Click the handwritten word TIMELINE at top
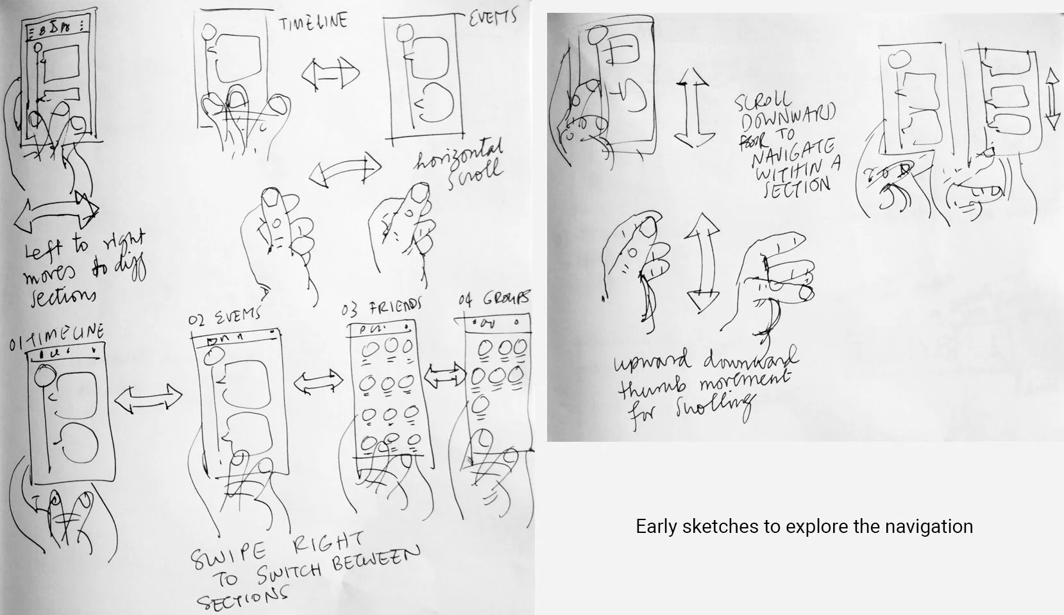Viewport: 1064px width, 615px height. pyautogui.click(x=313, y=22)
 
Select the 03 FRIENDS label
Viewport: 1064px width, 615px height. pyautogui.click(x=382, y=308)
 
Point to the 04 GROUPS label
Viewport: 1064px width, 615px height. pyautogui.click(x=494, y=299)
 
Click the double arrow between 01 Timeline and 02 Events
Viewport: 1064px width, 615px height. pyautogui.click(x=148, y=398)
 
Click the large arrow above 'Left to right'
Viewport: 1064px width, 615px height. pyautogui.click(x=56, y=211)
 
